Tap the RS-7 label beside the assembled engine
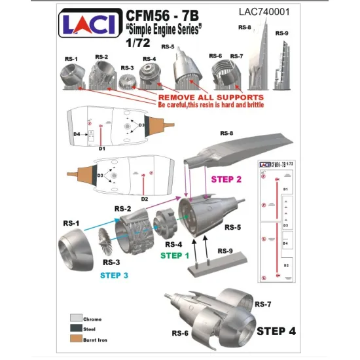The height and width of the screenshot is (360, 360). [x=263, y=304]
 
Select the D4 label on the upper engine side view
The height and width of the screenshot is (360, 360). [x=77, y=135]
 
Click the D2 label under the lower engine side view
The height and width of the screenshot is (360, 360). [x=145, y=198]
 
